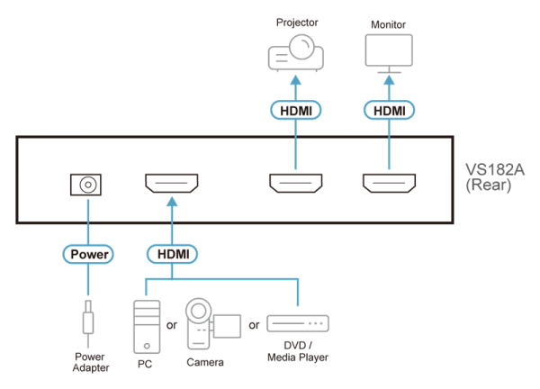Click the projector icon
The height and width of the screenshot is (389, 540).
296,53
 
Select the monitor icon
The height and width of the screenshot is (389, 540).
389,53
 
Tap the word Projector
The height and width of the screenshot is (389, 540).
297,23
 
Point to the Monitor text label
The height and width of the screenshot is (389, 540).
388,25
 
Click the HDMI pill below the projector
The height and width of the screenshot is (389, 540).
296,110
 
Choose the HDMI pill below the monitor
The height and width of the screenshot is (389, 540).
389,110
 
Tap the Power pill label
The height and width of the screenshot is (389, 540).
88,254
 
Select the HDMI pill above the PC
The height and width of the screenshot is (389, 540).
172,254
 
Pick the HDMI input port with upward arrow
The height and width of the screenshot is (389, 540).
172,184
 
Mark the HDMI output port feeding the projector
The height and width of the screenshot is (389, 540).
296,184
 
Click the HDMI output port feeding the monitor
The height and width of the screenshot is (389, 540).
389,184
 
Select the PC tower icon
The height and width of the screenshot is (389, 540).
147,327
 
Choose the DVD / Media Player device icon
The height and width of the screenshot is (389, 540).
298,323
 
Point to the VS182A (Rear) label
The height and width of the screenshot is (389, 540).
494,177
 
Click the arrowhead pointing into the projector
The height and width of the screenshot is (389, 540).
296,80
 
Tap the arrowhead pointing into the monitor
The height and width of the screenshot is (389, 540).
389,80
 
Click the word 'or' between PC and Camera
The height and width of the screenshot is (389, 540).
172,325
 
